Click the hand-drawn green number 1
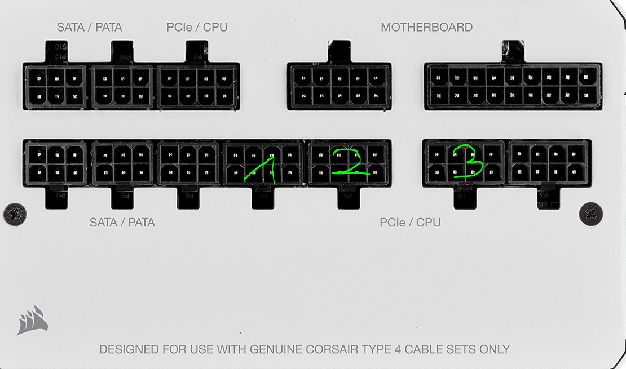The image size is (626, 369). coord(261,170)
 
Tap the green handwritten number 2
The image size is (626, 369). coord(350,162)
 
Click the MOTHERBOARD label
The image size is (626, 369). coord(426,27)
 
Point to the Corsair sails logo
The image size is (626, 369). coord(32,319)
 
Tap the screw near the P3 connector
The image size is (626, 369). coord(590,214)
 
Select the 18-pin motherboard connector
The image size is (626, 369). coord(513,86)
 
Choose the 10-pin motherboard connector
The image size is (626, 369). coord(339,86)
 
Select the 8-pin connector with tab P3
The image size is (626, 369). coord(549,162)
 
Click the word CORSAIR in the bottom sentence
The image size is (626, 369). coord(331,349)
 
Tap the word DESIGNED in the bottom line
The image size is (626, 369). coord(127,349)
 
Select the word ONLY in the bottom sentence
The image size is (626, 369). coord(495,349)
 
